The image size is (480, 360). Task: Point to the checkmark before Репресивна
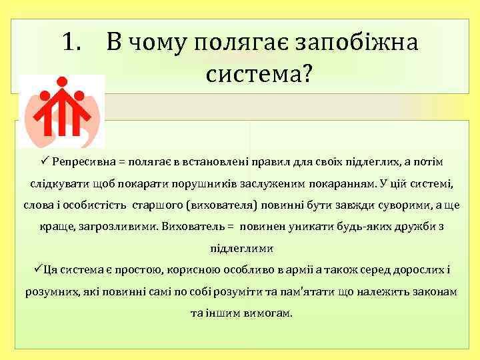(x=42, y=163)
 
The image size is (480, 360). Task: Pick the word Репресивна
(x=83, y=163)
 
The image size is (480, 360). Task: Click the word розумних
(x=51, y=291)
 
